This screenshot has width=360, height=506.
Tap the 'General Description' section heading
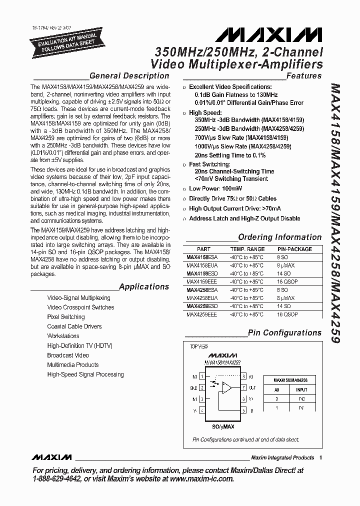coord(129,76)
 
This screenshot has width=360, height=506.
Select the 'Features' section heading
coord(304,76)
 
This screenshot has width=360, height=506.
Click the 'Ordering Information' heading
coord(279,237)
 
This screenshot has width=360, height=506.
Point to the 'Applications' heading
coord(144,286)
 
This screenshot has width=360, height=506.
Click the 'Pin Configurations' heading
coord(284,332)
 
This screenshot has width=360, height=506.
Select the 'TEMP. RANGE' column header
coord(247,249)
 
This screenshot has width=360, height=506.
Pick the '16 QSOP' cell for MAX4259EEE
coord(287,314)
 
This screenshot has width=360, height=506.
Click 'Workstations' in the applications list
coord(63,336)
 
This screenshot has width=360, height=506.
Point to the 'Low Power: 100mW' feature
coord(215,188)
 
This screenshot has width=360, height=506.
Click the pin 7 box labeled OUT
coord(243,387)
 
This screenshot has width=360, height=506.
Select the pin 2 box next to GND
coord(201,387)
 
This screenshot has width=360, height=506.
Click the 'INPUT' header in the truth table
coord(301,390)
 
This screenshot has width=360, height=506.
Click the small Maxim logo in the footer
coord(51,457)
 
